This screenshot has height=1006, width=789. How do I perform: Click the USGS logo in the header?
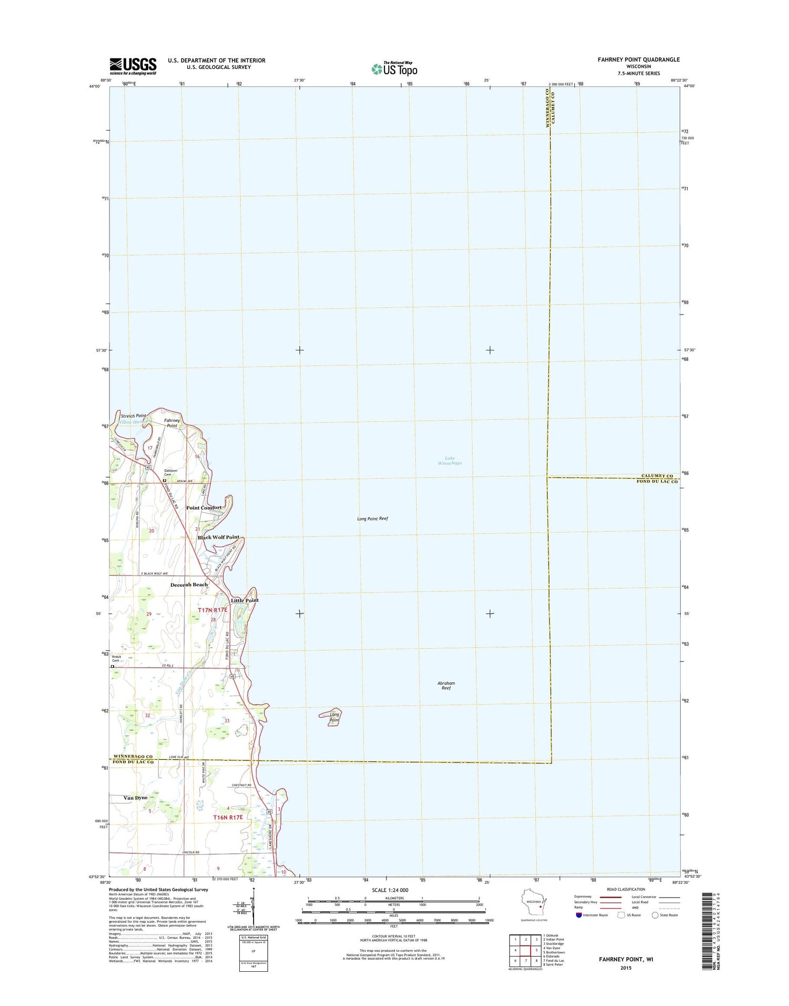133,66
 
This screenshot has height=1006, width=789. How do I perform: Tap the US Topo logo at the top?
394,68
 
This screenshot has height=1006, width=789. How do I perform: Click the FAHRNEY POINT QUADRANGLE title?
638,59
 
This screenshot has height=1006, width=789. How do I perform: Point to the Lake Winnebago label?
450,460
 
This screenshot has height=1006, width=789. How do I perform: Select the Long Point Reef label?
372,519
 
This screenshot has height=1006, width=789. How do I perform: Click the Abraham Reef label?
446,686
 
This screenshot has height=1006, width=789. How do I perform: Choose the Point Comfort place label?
204,508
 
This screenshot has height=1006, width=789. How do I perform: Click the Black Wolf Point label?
218,537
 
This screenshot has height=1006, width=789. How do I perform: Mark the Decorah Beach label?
189,585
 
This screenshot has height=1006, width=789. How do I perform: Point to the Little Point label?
245,600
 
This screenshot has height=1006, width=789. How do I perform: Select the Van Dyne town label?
136,798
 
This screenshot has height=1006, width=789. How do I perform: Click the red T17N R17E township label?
213,610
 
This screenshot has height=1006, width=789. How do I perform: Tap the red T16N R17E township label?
228,817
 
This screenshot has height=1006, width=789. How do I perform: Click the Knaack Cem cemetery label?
116,659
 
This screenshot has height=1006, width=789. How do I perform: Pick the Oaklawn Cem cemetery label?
170,472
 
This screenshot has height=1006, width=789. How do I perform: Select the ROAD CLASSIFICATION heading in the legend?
625,889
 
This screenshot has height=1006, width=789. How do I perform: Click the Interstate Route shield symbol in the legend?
579,915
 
